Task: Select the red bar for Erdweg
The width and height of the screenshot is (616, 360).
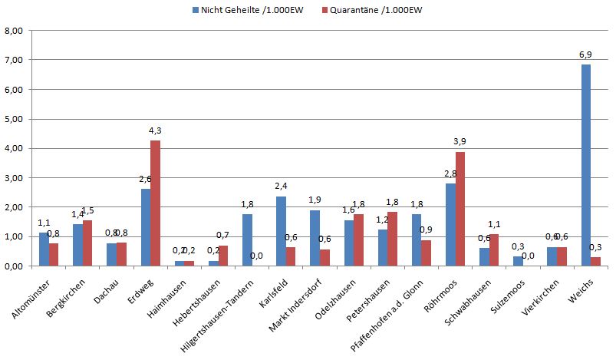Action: pos(155,203)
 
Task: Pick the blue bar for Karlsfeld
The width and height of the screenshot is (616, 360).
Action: pos(281,231)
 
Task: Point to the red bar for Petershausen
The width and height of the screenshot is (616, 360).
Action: pos(392,239)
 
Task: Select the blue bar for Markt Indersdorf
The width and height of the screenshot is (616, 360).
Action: pos(315,238)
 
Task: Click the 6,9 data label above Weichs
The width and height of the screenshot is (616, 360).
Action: pos(586,55)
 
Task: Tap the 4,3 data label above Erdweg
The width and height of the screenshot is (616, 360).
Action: pos(156,131)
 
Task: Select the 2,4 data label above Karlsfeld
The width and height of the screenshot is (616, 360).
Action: pos(280,187)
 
